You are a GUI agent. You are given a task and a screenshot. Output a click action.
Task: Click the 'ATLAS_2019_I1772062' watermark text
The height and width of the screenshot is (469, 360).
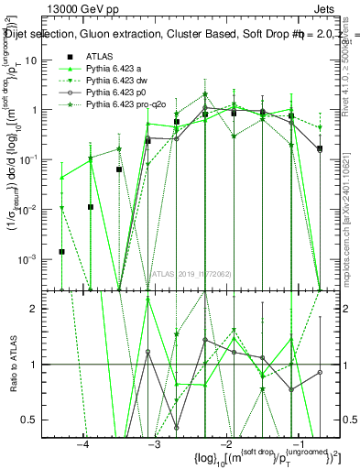tap(191, 272)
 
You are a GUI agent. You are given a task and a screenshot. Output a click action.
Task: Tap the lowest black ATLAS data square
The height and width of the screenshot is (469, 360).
tap(62, 251)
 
